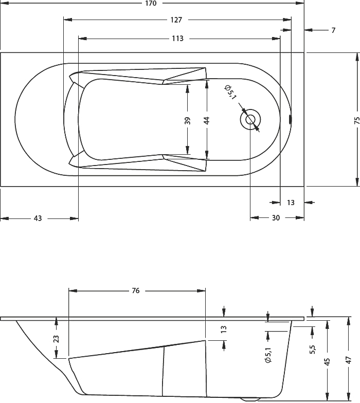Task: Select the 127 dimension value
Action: click(x=176, y=20)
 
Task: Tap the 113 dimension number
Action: click(x=178, y=39)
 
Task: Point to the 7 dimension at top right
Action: click(x=333, y=30)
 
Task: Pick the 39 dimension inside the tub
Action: click(x=188, y=120)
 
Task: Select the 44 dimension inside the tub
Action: click(x=207, y=120)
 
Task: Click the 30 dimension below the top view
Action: click(x=276, y=218)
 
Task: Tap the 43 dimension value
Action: click(x=38, y=218)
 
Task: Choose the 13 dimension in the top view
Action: click(x=291, y=203)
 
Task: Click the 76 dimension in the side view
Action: click(x=136, y=290)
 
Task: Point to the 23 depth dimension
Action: click(x=56, y=339)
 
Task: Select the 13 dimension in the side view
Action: click(x=224, y=329)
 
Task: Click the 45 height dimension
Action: click(x=327, y=361)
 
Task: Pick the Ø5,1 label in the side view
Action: click(x=268, y=355)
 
